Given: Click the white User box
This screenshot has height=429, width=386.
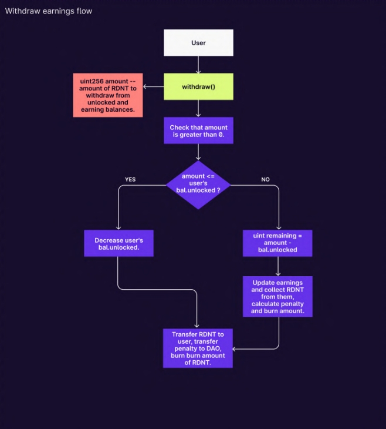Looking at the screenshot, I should tap(198, 43).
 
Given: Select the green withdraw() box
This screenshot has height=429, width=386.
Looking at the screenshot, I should tap(198, 86).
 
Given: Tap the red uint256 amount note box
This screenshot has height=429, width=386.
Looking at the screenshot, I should tap(108, 95).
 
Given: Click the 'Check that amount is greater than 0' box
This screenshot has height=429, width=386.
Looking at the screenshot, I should tap(198, 131).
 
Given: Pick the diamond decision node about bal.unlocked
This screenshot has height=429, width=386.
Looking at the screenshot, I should tap(198, 184).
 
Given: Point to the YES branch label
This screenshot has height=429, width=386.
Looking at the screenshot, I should tap(130, 179).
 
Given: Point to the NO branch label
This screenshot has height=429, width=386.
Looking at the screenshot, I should tap(265, 179).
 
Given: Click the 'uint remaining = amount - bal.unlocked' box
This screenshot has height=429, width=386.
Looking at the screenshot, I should tap(277, 242).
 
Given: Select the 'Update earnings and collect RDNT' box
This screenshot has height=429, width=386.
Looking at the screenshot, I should tap(277, 297).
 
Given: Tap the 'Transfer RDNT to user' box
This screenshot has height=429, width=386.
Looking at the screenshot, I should tap(198, 348).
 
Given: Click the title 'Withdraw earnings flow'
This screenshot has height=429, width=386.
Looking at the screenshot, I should tap(49, 11).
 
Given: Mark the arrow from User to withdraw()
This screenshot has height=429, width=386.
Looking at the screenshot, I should tap(198, 65).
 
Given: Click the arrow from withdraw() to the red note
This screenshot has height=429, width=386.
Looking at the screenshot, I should tap(153, 87).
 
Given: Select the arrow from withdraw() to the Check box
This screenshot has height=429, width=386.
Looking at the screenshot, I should tap(198, 108).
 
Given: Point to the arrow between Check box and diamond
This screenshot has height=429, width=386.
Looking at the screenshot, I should tap(198, 152).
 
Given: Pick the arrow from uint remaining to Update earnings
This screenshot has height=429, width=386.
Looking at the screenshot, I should tap(277, 266).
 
